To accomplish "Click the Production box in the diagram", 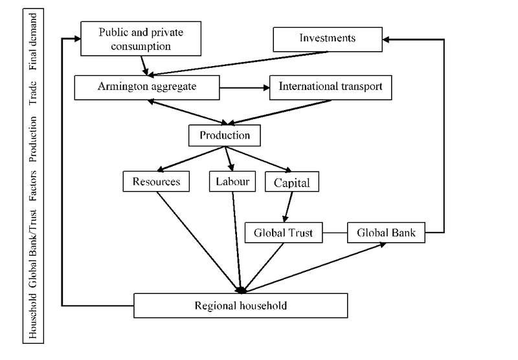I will click(224, 135).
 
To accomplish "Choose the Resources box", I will click(156, 182).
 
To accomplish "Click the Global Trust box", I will click(284, 232).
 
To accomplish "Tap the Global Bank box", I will click(386, 232).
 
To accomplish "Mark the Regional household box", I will click(240, 305).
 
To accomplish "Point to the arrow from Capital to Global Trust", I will click(285, 207).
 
